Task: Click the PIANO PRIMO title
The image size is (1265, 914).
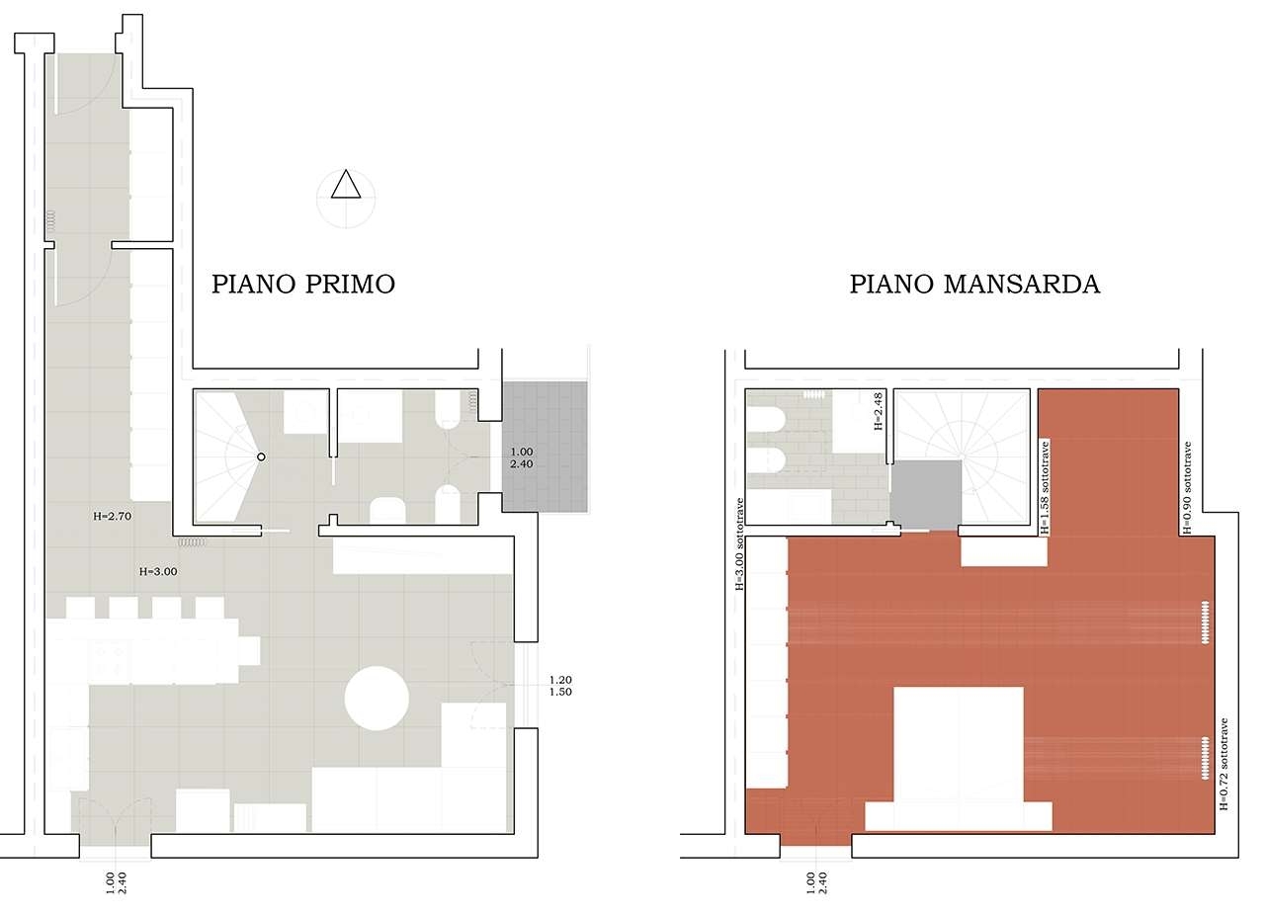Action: click(x=303, y=284)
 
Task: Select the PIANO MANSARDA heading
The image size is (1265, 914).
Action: click(x=975, y=284)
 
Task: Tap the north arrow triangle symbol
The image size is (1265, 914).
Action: click(x=346, y=185)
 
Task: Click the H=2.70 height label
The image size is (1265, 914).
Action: click(x=113, y=516)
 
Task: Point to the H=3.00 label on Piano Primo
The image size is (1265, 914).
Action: click(x=158, y=571)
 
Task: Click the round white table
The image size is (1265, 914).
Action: click(x=377, y=698)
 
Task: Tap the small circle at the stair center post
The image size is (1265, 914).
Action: click(x=261, y=457)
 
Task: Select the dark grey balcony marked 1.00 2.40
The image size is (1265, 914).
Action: click(x=545, y=447)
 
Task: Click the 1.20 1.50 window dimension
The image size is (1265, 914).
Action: click(x=560, y=686)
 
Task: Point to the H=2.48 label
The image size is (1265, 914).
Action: click(x=879, y=412)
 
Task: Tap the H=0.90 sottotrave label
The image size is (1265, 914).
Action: click(x=1187, y=488)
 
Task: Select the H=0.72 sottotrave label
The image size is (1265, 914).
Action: click(x=1223, y=764)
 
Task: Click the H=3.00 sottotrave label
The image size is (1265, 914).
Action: click(x=739, y=544)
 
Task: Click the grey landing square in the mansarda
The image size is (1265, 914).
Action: click(x=926, y=495)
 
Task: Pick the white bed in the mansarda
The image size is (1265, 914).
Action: click(x=959, y=759)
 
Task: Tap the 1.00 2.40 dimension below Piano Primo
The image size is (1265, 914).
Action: click(x=116, y=883)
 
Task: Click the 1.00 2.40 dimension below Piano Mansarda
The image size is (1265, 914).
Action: click(x=816, y=883)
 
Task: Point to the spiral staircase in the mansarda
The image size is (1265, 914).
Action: click(x=963, y=457)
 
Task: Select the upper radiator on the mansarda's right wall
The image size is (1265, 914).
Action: click(x=1205, y=623)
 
